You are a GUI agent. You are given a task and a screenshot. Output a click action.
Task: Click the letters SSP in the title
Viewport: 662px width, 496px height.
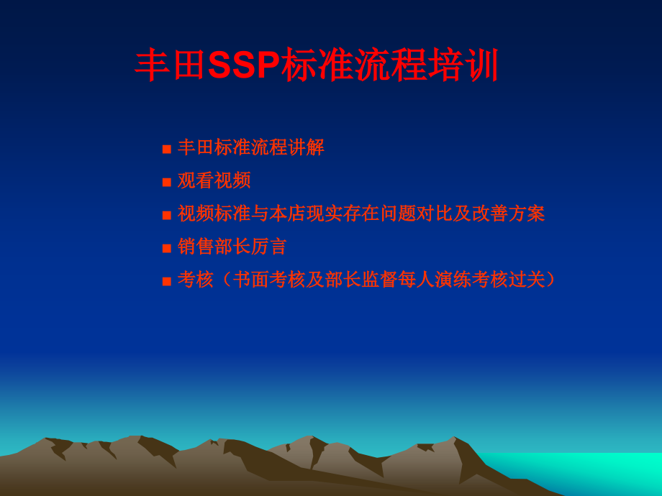point(244,65)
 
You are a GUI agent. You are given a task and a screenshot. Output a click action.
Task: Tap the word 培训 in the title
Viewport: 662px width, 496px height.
point(463,65)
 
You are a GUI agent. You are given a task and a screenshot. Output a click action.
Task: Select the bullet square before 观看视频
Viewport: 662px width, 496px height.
point(167,182)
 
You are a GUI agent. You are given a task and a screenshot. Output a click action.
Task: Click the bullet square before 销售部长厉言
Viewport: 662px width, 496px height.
point(167,248)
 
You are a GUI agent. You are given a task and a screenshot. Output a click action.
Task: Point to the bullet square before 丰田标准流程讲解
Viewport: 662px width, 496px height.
point(167,149)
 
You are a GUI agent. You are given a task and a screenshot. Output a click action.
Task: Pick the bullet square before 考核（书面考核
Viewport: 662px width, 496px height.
point(167,281)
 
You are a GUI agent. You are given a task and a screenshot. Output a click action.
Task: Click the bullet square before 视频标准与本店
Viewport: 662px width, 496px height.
point(167,215)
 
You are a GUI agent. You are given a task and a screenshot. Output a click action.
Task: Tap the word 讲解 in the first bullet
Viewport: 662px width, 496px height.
point(306,147)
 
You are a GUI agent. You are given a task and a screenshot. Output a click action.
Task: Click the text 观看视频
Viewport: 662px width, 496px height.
point(214,180)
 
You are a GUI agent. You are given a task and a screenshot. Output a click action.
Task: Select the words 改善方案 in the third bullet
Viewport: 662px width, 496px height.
point(508,213)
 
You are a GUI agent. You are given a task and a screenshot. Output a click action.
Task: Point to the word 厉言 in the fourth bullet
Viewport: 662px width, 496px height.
point(269,247)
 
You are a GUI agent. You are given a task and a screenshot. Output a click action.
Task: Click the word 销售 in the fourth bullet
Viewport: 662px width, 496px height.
point(196,247)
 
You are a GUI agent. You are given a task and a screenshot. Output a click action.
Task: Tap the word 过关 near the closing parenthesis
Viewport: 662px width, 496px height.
point(527,279)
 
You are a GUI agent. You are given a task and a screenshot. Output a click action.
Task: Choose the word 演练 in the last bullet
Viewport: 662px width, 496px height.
point(453,279)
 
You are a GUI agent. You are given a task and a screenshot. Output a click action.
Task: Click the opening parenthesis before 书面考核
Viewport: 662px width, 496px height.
point(226,279)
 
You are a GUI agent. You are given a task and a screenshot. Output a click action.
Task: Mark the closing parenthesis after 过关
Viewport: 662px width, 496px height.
point(550,279)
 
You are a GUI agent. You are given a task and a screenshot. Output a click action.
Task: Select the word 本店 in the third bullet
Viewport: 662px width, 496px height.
point(288,213)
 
